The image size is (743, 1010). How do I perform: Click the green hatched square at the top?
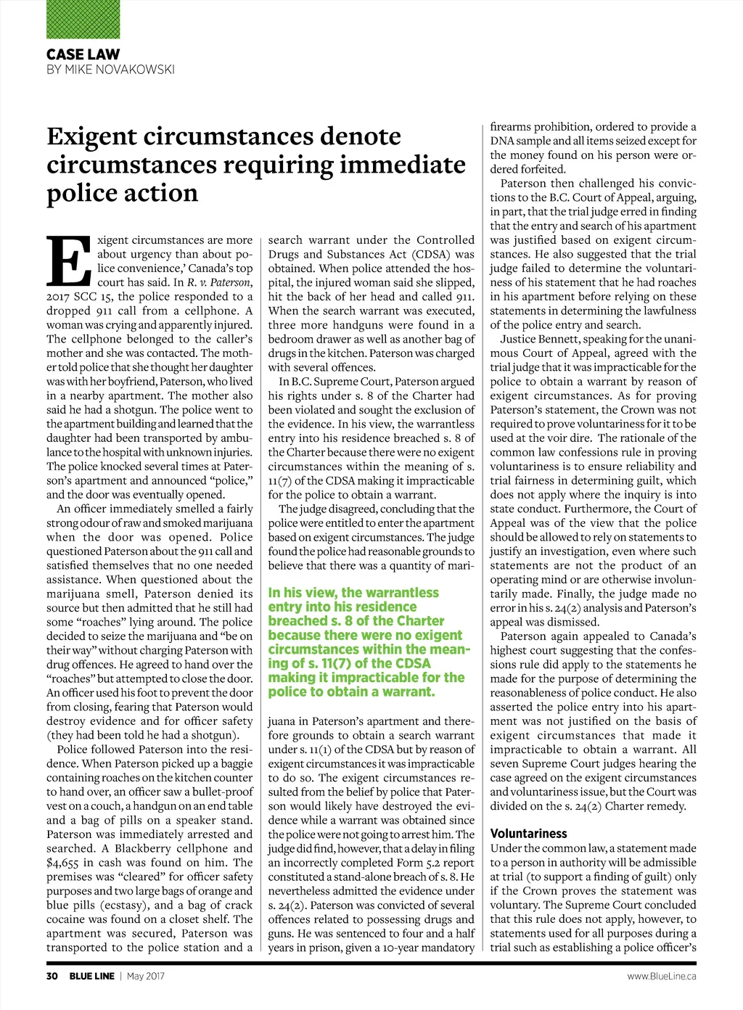[x=83, y=19]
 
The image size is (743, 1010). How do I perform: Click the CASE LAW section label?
[x=83, y=54]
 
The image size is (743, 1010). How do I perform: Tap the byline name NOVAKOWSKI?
[x=138, y=70]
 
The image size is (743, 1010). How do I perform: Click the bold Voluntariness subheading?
[x=528, y=834]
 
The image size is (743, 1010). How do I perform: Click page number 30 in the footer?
[x=52, y=976]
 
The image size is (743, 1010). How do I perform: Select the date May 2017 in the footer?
[x=145, y=976]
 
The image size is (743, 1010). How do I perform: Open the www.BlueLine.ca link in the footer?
[x=661, y=976]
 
